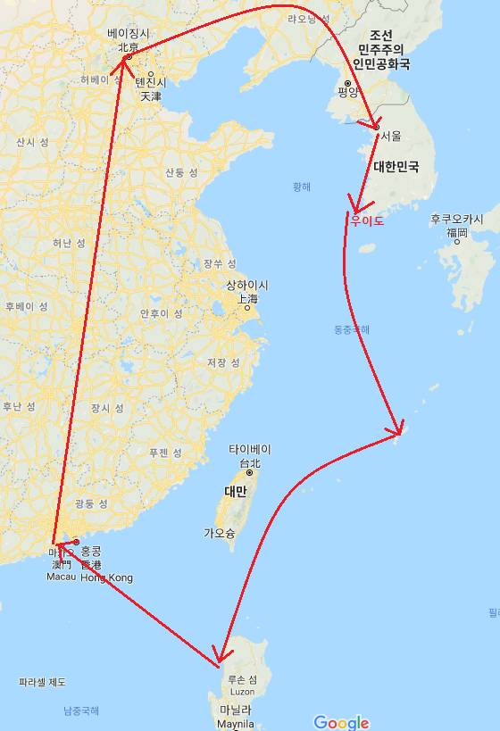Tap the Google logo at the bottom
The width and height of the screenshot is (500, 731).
341,721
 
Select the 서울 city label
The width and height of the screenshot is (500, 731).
391,137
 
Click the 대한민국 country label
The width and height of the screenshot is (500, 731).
396,167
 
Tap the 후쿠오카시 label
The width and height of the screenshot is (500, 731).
456,220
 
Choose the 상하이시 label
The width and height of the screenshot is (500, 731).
247,286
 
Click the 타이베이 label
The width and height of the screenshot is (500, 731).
249,450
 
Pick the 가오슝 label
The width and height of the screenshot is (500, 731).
219,533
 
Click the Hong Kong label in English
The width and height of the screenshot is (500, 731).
106,578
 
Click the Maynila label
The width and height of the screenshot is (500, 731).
237,723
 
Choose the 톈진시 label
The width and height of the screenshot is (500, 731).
151,82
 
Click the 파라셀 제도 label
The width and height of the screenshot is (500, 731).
42,683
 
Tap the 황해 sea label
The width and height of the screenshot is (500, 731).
302,187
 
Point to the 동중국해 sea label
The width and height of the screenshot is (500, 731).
351,330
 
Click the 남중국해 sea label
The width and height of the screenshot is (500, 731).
81,710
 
